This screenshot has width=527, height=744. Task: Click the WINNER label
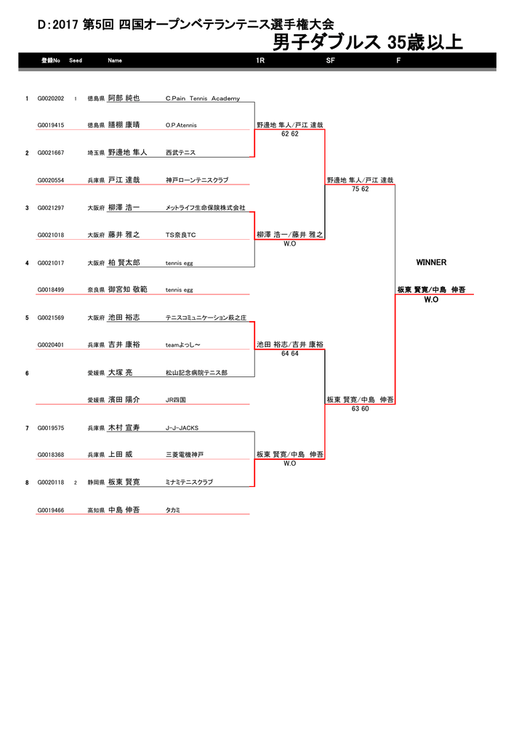pos(431,262)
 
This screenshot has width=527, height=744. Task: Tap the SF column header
pos(331,60)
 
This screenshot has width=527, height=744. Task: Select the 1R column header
pos(260,60)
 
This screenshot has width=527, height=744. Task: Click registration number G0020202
pos(51,99)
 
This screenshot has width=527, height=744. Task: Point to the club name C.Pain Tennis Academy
pos(203,99)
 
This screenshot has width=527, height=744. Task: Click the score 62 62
pos(289,134)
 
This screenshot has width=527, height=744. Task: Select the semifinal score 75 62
pos(360,189)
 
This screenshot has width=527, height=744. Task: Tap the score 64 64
pos(289,354)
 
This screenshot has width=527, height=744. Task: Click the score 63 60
pos(360,408)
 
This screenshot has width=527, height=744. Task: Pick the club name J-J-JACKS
pos(182,428)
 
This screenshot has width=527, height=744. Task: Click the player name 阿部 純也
pos(124,98)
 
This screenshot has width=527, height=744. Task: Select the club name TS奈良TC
pos(180,235)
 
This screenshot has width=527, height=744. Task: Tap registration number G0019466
pos(51,511)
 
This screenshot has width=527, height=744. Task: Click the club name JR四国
pos(176,400)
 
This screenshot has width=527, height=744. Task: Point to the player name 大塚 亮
pos(121,373)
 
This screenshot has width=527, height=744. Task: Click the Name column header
pos(115,60)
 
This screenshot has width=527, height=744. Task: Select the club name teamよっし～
pos(182,345)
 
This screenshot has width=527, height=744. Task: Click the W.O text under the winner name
pos(431,299)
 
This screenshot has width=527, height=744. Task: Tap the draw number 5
pos(27,318)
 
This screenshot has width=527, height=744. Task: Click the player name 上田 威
pos(121,455)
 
